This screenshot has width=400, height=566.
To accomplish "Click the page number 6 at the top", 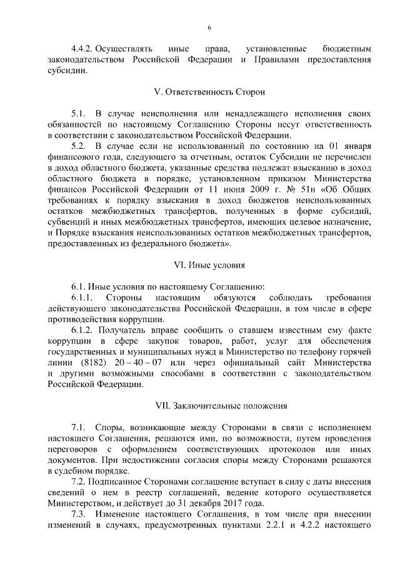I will [209, 28].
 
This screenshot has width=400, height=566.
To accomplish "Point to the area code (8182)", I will [86, 363].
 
